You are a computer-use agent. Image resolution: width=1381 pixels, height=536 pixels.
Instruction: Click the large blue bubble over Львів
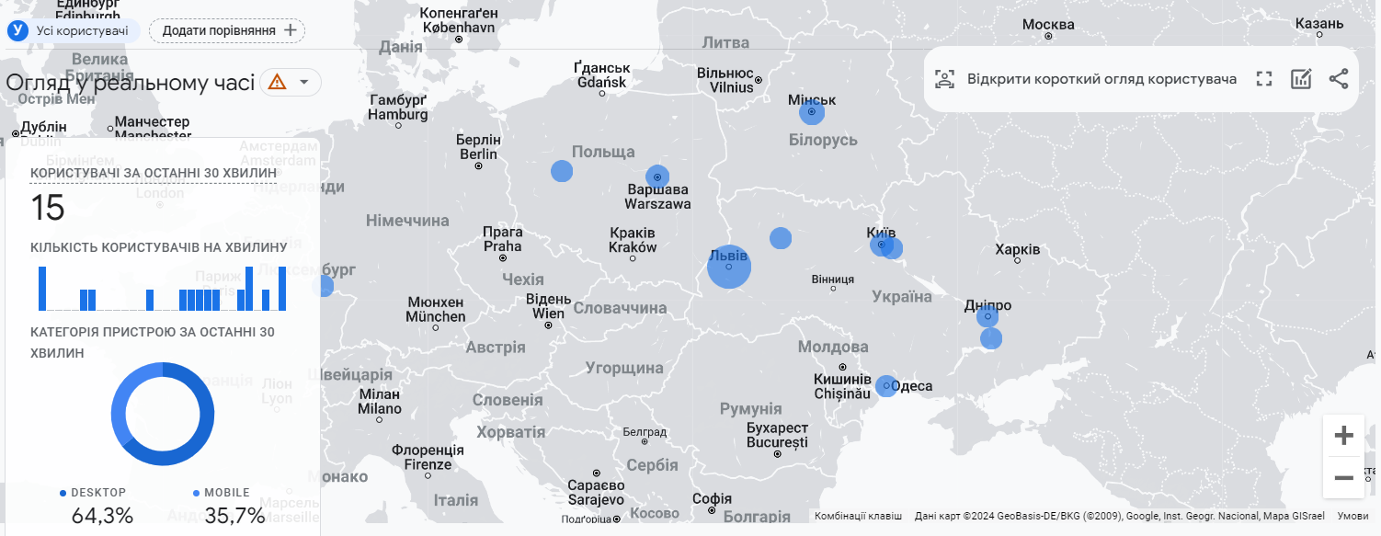[729, 268]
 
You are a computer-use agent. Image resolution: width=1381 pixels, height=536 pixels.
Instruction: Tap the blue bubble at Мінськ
[812, 113]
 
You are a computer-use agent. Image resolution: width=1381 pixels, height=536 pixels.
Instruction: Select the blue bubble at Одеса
[886, 386]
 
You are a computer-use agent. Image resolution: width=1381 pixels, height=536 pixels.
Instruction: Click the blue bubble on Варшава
[657, 177]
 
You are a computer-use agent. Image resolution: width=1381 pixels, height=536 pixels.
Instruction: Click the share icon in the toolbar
[1338, 79]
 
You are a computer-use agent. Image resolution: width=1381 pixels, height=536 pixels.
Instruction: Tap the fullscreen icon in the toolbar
[1264, 79]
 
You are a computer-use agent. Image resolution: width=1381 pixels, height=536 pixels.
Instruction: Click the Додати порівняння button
[227, 30]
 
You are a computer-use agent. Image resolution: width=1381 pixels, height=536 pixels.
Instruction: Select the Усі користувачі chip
[74, 30]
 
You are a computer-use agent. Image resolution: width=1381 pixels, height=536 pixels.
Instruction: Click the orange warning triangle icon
[278, 82]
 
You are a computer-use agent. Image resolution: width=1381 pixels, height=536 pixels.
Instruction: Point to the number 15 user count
[48, 209]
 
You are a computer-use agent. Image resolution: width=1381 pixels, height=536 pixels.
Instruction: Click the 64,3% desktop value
[102, 516]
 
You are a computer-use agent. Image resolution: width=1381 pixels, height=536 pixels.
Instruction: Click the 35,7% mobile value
[234, 516]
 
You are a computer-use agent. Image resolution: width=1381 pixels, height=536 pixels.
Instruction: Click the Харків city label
[1018, 249]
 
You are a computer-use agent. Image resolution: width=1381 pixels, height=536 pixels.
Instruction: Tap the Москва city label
[1048, 24]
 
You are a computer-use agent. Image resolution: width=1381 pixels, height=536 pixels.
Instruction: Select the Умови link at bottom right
[1352, 516]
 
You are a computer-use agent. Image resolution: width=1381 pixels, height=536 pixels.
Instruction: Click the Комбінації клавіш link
[858, 516]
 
